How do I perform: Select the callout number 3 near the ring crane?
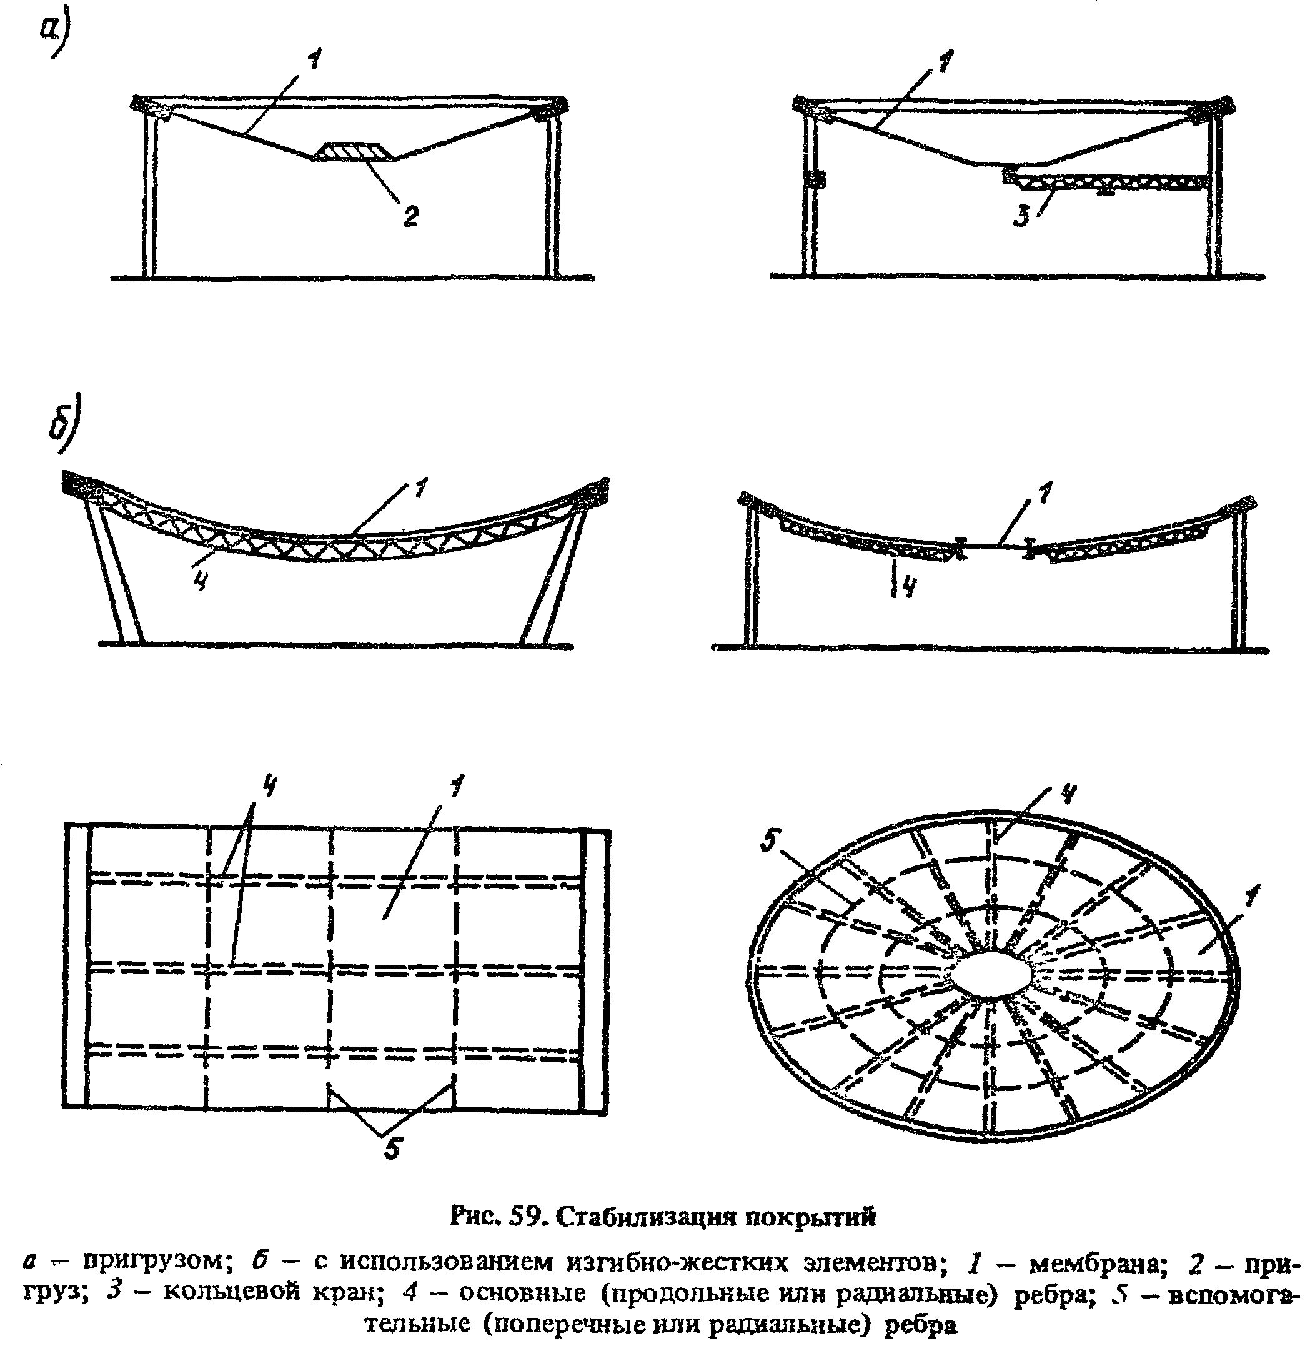click(x=1021, y=216)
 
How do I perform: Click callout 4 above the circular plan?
click(x=1067, y=794)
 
